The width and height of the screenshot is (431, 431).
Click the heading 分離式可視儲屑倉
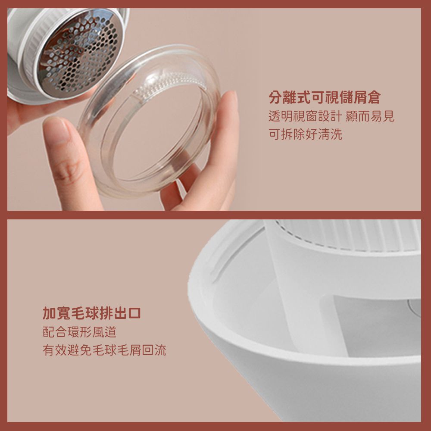coord(325,97)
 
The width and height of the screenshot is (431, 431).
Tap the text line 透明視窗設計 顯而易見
coord(331,116)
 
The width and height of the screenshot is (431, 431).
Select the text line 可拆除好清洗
coord(305,134)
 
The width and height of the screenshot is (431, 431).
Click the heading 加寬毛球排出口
coord(91,313)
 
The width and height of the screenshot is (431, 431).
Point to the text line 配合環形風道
coord(79,332)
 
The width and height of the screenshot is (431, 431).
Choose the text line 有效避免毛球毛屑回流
coord(104,350)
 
